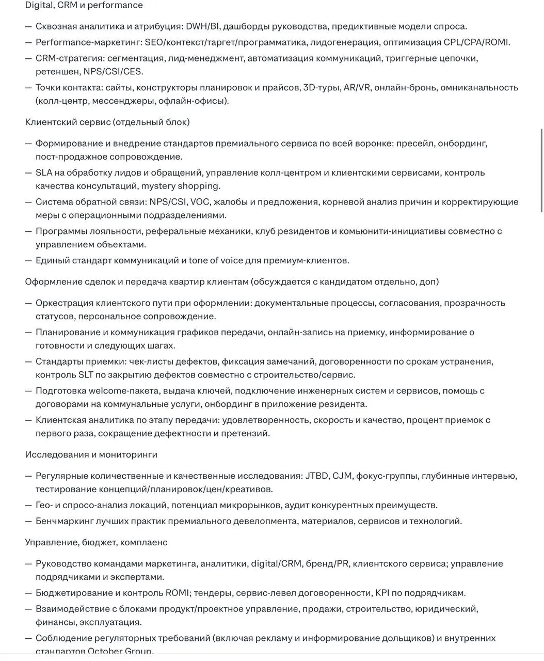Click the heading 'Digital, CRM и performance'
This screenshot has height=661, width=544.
(x=84, y=5)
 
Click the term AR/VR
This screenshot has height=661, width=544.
(x=357, y=87)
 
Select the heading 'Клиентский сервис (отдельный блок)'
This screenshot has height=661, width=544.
(x=107, y=122)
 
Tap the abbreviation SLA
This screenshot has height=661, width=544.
(x=44, y=172)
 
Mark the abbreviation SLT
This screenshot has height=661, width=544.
(x=85, y=375)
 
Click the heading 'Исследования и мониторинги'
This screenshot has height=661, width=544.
(x=91, y=454)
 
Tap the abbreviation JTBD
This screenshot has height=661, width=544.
(x=316, y=476)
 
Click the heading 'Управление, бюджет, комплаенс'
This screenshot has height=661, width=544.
(x=96, y=542)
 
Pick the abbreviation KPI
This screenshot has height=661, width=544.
(x=382, y=593)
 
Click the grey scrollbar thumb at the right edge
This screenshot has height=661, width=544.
(x=541, y=170)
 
